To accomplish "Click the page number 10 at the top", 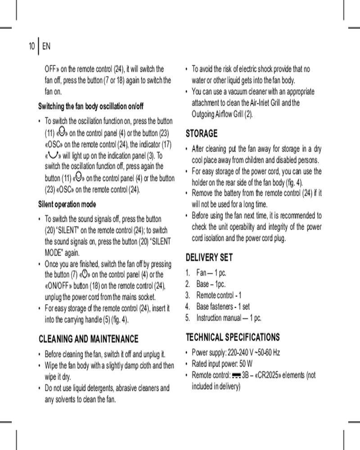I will click(31, 46).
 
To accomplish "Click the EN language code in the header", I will click(46, 46).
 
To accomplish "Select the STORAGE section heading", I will click(202, 134).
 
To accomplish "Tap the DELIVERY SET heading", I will click(209, 257).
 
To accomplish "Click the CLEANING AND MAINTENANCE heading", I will click(89, 338).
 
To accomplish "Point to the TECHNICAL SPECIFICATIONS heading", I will click(233, 337).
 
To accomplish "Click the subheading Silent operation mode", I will click(67, 204).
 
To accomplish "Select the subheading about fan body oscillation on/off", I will click(90, 107).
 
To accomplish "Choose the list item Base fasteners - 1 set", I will click(223, 306).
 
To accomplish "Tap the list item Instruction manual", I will click(229, 318).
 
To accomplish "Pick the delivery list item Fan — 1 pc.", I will click(211, 273).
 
